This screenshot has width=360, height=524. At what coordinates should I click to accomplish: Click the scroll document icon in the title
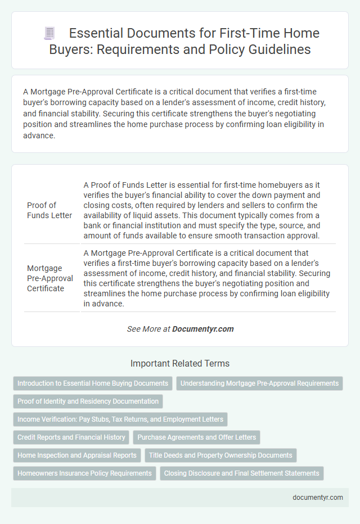pos(49,34)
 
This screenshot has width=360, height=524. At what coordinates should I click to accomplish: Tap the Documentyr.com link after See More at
pos(203,329)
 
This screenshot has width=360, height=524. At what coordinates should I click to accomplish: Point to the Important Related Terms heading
pos(179,363)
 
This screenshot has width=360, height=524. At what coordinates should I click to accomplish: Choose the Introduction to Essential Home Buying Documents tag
pos(93,383)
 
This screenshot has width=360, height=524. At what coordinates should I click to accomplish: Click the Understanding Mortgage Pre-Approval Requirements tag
pos(259,383)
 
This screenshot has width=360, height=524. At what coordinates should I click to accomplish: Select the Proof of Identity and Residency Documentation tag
pos(88,401)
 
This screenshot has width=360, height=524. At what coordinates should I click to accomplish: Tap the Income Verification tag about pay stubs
pos(120,419)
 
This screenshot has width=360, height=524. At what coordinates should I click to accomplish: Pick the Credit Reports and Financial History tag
pos(71,437)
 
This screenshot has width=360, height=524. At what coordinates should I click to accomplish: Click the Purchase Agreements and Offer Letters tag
pos(196,437)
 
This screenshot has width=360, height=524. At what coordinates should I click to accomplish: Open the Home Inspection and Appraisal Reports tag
pos(77,455)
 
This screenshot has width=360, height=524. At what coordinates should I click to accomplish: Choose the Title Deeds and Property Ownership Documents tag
pos(220,455)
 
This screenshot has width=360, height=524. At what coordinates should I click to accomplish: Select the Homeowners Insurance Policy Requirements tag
pos(84,473)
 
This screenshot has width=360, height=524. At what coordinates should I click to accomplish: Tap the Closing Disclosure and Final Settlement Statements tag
pos(242,473)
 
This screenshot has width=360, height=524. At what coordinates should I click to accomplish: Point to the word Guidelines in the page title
pos(276,49)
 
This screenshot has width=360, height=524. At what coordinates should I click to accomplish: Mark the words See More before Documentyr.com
pos(145,329)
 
